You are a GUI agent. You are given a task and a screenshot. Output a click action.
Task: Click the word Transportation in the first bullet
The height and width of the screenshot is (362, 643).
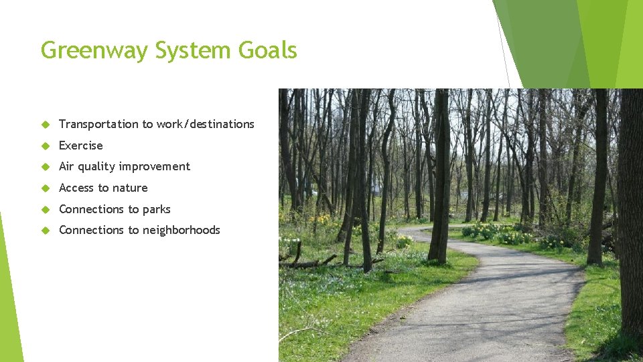pyautogui.click(x=98, y=124)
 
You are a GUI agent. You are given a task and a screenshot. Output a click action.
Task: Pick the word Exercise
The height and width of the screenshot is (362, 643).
pyautogui.click(x=81, y=145)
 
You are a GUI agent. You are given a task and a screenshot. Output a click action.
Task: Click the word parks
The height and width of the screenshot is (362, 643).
pyautogui.click(x=156, y=209)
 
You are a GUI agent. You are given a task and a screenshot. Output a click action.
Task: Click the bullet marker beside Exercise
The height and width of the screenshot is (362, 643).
pyautogui.click(x=46, y=145)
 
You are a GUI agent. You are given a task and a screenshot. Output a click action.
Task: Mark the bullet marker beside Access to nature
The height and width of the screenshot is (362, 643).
pyautogui.click(x=46, y=188)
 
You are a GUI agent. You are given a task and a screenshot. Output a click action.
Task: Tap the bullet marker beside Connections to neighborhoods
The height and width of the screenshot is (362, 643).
pyautogui.click(x=46, y=230)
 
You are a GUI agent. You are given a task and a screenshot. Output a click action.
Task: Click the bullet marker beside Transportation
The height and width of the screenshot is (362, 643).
pyautogui.click(x=46, y=124)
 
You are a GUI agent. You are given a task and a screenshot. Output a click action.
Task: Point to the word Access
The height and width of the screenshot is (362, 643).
pyautogui.click(x=76, y=188)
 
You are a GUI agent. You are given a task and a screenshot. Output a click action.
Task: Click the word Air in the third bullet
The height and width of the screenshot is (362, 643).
pyautogui.click(x=66, y=166)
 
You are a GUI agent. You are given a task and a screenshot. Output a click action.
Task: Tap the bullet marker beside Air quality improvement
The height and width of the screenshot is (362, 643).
pyautogui.click(x=46, y=166)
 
